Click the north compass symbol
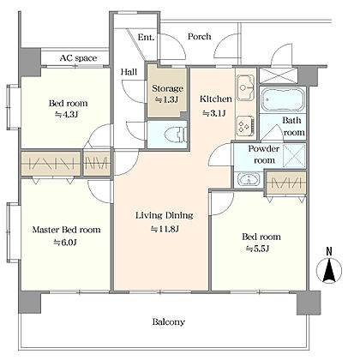(329, 267)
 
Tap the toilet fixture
(177, 134)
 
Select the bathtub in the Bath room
(283, 99)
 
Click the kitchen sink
(245, 87)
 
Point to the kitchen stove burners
(245, 126)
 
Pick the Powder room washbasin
(249, 180)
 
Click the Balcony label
(169, 322)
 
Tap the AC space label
(78, 58)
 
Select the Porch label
(200, 37)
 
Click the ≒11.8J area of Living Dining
(165, 229)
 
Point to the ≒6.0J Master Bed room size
(65, 243)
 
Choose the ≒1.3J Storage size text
(166, 100)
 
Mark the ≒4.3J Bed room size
(67, 115)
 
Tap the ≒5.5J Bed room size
(257, 249)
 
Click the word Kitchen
(216, 99)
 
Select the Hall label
(129, 72)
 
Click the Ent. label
(146, 37)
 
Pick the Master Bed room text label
(66, 230)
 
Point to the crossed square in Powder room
(294, 156)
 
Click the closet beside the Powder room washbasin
(286, 183)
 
